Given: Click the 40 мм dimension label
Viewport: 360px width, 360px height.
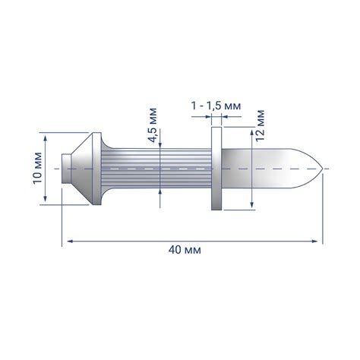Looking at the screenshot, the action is click(x=185, y=250).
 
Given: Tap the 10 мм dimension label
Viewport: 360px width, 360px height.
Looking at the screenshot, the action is click(x=37, y=168).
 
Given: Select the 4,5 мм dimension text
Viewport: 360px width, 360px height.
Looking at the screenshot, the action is click(x=153, y=125).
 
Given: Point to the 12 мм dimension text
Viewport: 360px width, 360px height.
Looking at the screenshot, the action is click(x=260, y=125).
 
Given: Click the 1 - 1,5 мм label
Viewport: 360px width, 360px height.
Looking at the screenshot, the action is click(x=216, y=106).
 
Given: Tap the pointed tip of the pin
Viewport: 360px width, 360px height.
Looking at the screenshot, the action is click(x=322, y=169).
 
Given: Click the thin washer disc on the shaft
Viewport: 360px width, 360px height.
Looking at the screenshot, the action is click(x=216, y=169).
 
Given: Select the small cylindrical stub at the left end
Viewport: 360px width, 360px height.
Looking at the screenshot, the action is click(x=66, y=169).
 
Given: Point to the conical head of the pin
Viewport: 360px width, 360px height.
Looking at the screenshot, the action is click(x=81, y=169).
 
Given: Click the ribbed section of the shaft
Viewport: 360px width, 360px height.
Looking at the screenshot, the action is click(x=156, y=169).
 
